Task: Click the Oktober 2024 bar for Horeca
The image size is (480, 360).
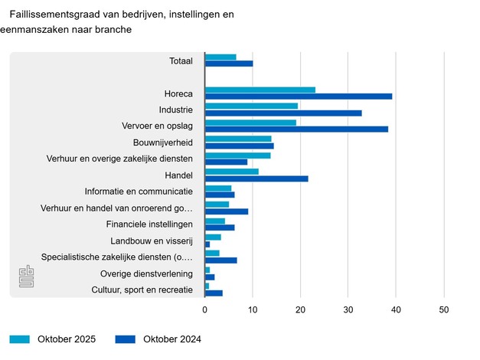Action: click(x=299, y=96)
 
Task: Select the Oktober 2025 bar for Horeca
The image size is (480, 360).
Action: click(x=260, y=90)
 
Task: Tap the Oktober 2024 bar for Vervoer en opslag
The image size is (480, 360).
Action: click(x=296, y=129)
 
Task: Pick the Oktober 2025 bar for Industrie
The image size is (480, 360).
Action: click(x=251, y=106)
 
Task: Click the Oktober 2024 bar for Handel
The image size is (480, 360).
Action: click(x=256, y=178)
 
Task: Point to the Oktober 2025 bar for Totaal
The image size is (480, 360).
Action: click(x=220, y=57)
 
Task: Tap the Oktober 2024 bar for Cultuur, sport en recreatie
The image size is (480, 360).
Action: click(x=214, y=293)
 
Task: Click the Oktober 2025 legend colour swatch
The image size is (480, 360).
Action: click(x=20, y=339)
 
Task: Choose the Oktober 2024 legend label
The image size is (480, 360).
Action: click(x=171, y=339)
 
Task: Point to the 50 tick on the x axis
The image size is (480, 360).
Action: click(x=443, y=309)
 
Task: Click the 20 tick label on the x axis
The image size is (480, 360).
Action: click(x=300, y=309)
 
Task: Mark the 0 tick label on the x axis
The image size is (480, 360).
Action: click(x=205, y=309)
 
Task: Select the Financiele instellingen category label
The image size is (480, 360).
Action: click(x=149, y=224)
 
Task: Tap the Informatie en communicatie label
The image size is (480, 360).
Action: click(x=139, y=191)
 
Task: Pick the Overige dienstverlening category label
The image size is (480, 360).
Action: click(x=146, y=273)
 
